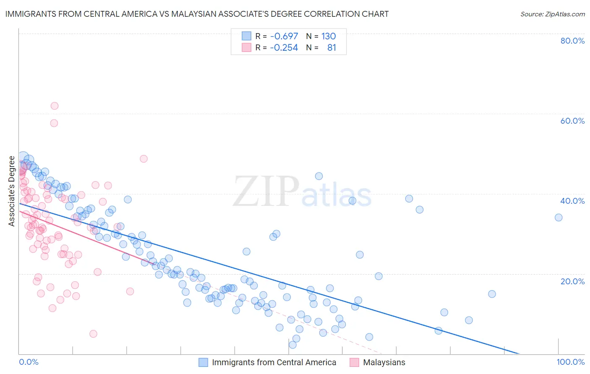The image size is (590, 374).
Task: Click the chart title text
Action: pyautogui.click(x=197, y=14)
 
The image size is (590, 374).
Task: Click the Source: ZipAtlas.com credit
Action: pyautogui.click(x=552, y=14)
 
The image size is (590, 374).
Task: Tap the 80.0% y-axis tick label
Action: pyautogui.click(x=572, y=41)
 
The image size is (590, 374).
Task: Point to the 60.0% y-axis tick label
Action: pyautogui.click(x=572, y=121)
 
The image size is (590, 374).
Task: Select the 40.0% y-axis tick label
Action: pyautogui.click(x=572, y=201)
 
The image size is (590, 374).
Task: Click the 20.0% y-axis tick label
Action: pyautogui.click(x=572, y=281)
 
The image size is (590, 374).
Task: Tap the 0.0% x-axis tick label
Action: pyautogui.click(x=29, y=362)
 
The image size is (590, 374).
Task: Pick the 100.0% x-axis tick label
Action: pyautogui.click(x=570, y=362)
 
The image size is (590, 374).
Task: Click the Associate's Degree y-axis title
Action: pyautogui.click(x=12, y=191)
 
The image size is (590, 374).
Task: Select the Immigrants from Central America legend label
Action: pyautogui.click(x=274, y=362)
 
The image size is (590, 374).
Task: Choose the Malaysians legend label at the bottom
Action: pyautogui.click(x=384, y=362)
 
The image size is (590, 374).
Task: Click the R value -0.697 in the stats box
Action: pyautogui.click(x=284, y=36)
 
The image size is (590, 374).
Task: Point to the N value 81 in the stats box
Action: pyautogui.click(x=332, y=48)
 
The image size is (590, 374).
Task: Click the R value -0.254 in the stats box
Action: pyautogui.click(x=284, y=48)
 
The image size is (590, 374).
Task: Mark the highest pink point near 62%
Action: pyautogui.click(x=54, y=106)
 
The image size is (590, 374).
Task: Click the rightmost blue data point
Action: pyautogui.click(x=559, y=217)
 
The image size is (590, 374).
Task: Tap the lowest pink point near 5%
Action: pyautogui.click(x=93, y=334)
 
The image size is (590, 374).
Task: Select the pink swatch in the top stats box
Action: pyautogui.click(x=246, y=47)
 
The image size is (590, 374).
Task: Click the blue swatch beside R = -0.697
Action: pyautogui.click(x=246, y=36)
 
